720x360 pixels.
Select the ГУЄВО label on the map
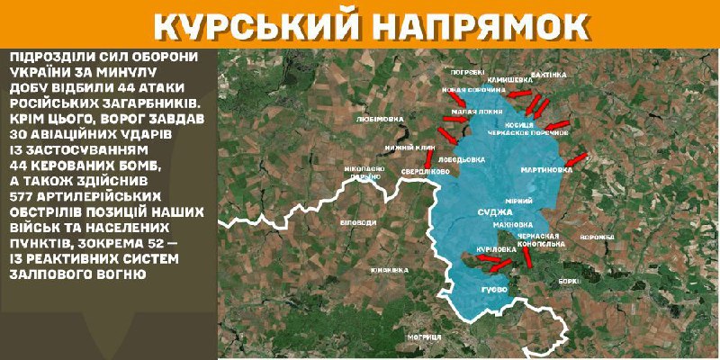click(493, 289)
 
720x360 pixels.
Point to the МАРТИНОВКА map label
click(545, 169)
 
